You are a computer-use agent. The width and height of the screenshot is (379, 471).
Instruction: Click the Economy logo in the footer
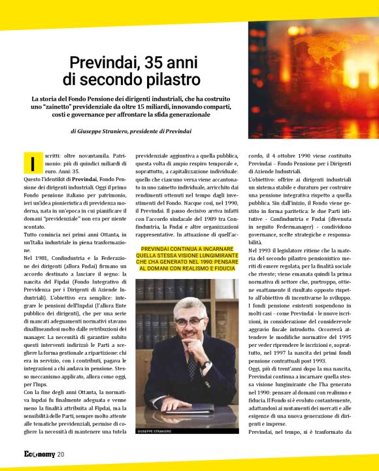point(29,455)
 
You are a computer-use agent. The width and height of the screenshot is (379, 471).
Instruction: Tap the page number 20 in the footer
point(60,455)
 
